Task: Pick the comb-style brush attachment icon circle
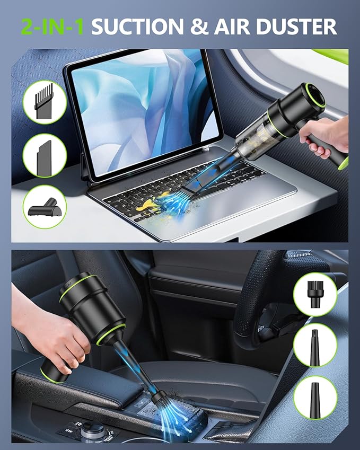(x=45, y=102)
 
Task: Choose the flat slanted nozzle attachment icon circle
(x=45, y=155)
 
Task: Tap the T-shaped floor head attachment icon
(x=45, y=207)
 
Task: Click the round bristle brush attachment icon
(x=315, y=294)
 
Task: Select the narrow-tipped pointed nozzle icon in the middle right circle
(x=315, y=345)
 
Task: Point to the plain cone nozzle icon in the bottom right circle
(x=315, y=398)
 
